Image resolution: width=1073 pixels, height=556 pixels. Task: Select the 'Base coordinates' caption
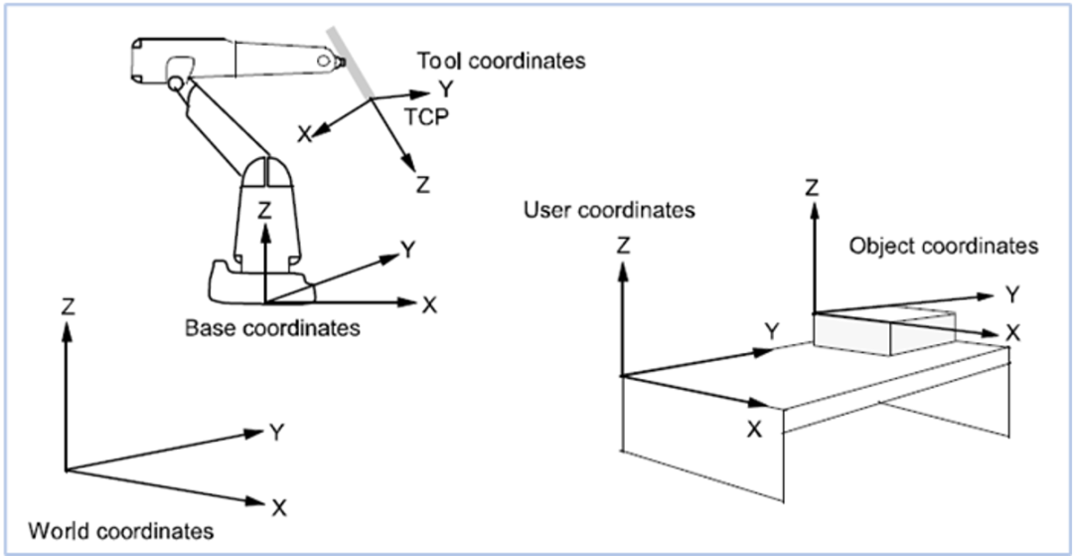click(272, 327)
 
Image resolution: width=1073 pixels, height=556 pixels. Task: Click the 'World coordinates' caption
click(120, 530)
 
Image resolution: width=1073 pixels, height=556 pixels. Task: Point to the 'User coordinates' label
click(608, 210)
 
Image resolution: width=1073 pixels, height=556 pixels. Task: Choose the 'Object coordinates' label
click(943, 245)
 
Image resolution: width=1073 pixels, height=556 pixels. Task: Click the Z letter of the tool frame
click(423, 185)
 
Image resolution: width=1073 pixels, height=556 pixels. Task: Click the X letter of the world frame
click(279, 508)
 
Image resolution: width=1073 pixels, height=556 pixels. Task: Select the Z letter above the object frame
click(812, 187)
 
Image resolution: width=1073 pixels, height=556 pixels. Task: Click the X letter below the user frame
click(754, 429)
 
